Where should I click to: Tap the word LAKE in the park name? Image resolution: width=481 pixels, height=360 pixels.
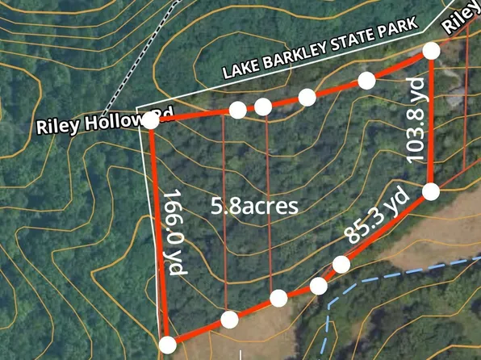pyautogui.click(x=245, y=70)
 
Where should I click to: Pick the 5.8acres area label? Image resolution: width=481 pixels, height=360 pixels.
pyautogui.click(x=254, y=205)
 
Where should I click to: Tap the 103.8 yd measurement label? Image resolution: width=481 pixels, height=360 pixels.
pyautogui.click(x=415, y=121)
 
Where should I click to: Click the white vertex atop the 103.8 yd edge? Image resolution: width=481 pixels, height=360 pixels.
pyautogui.click(x=431, y=51)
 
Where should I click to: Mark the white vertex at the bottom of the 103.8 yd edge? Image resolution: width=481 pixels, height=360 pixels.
pyautogui.click(x=430, y=191)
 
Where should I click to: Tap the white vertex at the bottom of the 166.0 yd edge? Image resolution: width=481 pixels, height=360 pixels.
pyautogui.click(x=167, y=345)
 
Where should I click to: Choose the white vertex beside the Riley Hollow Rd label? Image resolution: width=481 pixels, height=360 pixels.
pyautogui.click(x=150, y=121)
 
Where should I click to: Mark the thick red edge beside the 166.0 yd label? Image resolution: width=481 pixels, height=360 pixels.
pyautogui.click(x=158, y=234)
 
